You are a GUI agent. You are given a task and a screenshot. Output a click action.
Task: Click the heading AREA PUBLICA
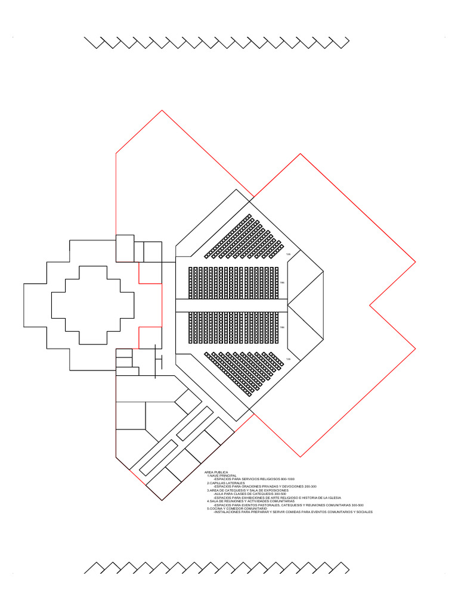pyautogui.click(x=216, y=472)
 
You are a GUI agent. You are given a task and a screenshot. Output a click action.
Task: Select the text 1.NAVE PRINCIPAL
pyautogui.click(x=222, y=475)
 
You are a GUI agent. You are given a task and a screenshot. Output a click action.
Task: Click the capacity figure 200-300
pyautogui.click(x=310, y=486)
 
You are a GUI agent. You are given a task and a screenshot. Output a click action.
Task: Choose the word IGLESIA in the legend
pyautogui.click(x=332, y=497)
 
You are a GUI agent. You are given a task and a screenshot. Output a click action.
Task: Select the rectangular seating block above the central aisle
pyautogui.click(x=233, y=282)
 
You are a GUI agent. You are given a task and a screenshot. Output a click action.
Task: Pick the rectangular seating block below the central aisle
pyautogui.click(x=233, y=327)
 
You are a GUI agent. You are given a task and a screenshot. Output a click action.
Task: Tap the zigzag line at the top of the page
pyautogui.click(x=216, y=43)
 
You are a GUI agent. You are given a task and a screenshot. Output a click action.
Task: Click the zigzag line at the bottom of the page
pyautogui.click(x=216, y=567)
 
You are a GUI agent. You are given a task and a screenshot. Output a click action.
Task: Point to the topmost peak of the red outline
pyautogui.click(x=162, y=110)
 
